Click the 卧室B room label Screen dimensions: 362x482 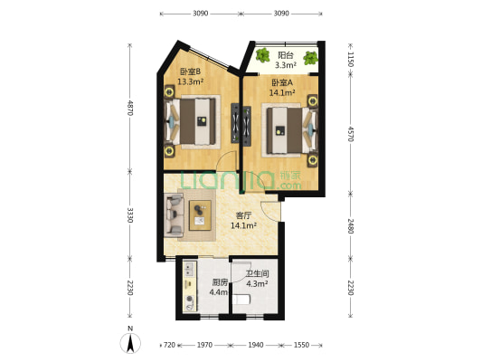[190, 70]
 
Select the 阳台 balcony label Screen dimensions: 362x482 [285, 54]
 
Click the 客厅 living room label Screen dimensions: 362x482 [243, 215]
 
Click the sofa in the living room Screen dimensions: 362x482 [175, 216]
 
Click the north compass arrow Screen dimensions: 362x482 [131, 343]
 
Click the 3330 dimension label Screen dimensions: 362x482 [130, 214]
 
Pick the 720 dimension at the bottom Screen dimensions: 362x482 [169, 346]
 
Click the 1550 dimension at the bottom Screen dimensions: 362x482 [301, 346]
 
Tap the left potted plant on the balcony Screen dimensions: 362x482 [263, 57]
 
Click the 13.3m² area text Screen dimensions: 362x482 [190, 81]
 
